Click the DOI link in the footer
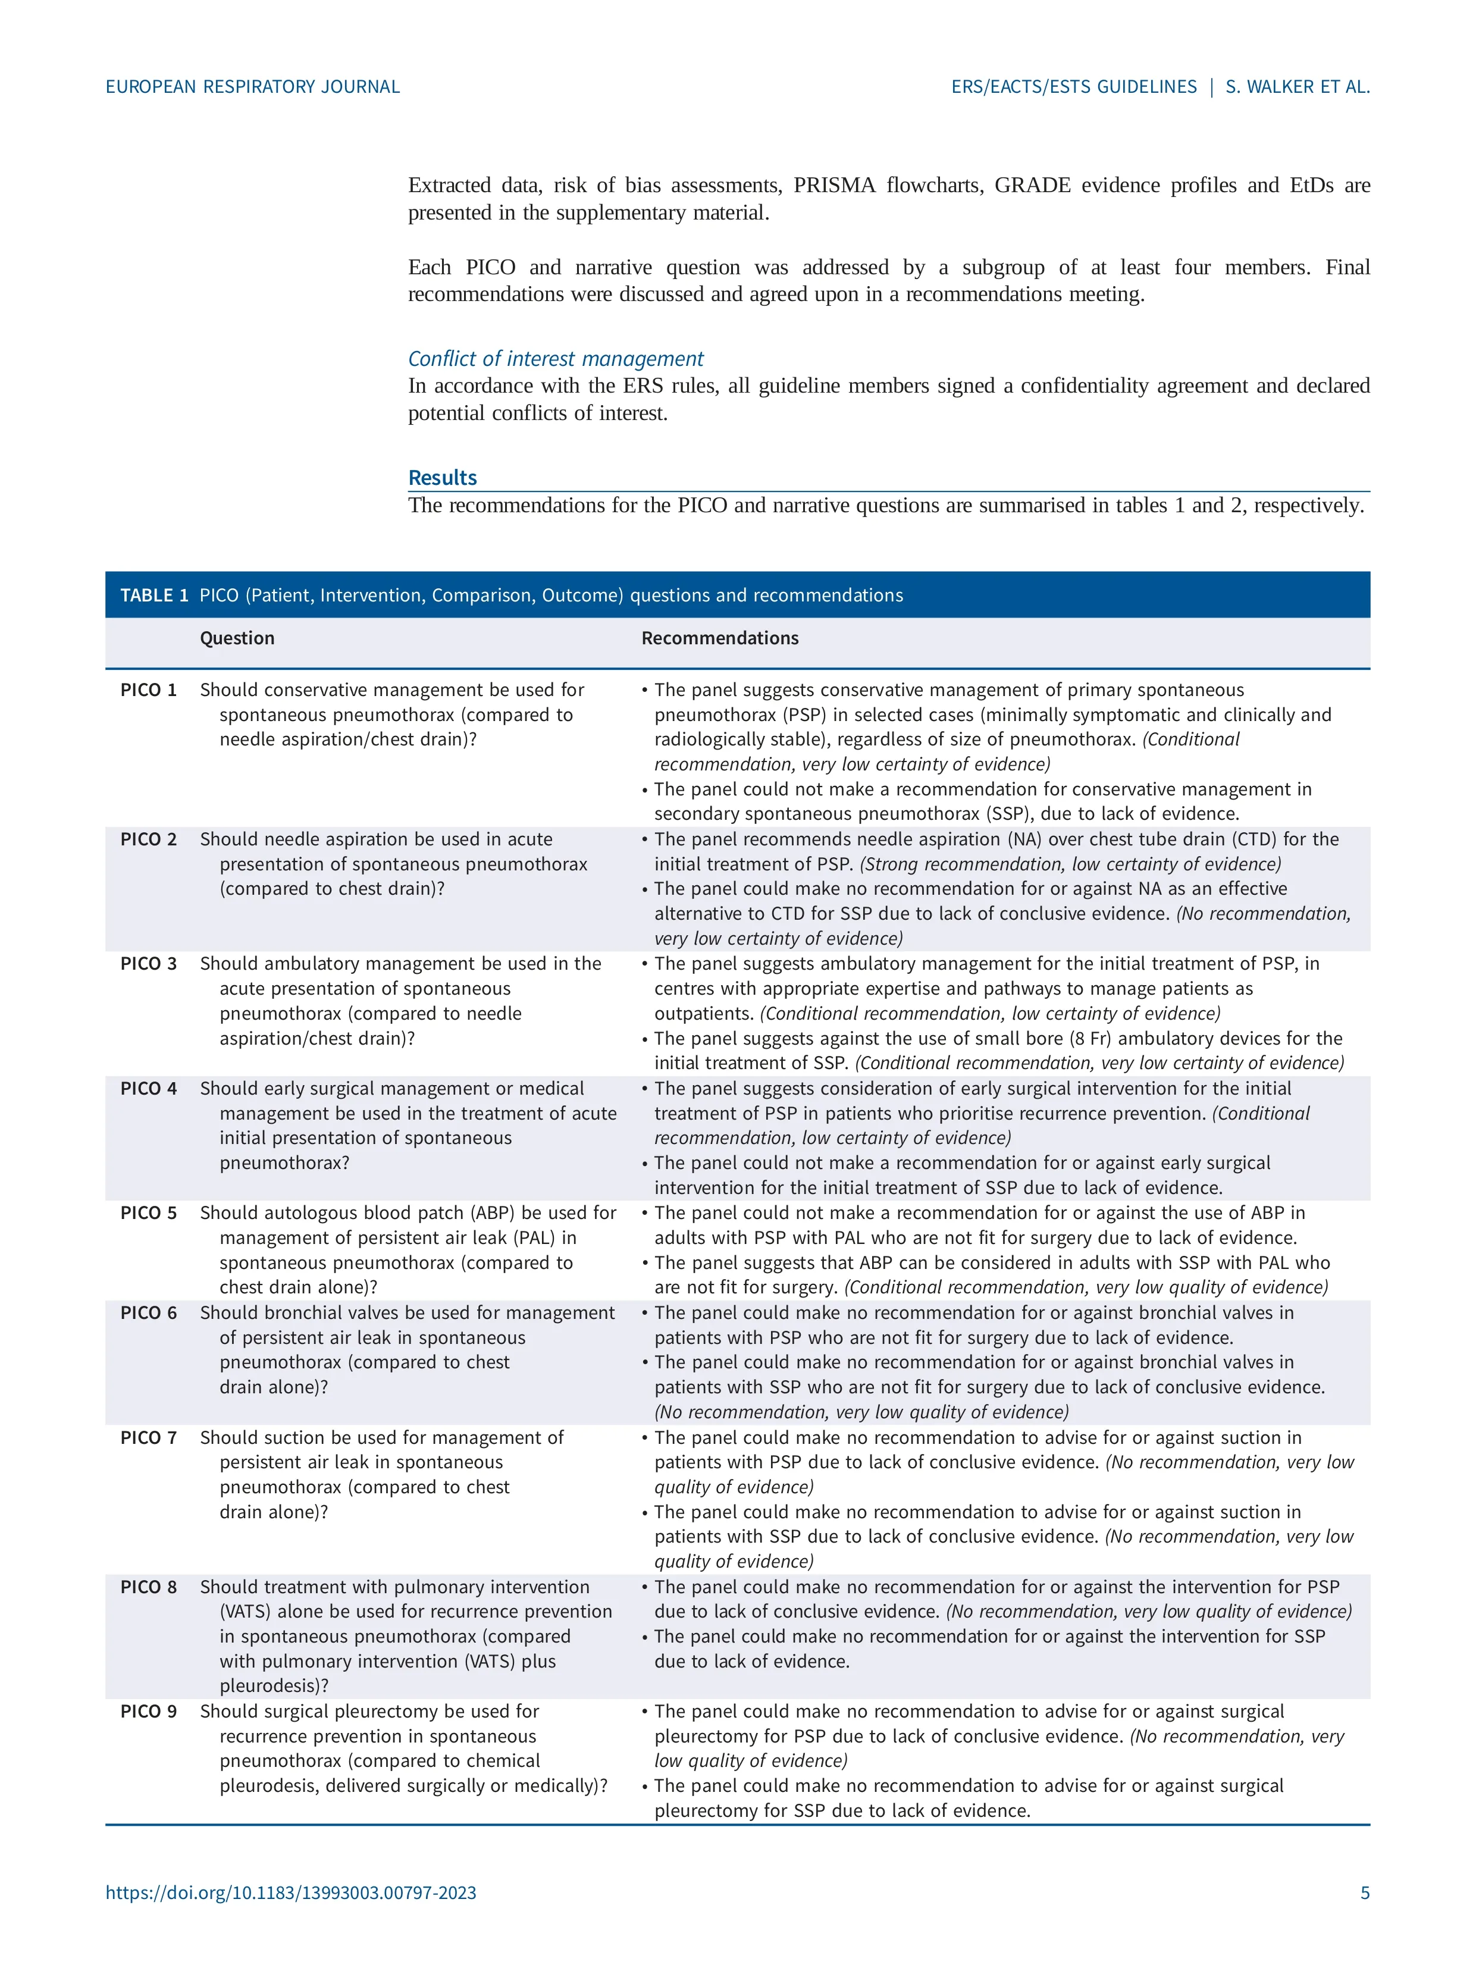coord(291,1892)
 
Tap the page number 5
coord(1365,1892)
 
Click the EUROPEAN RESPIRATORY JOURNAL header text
coord(253,87)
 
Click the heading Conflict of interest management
coord(555,359)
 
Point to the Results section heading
coord(442,478)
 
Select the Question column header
coord(237,638)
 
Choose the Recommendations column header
coord(720,638)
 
